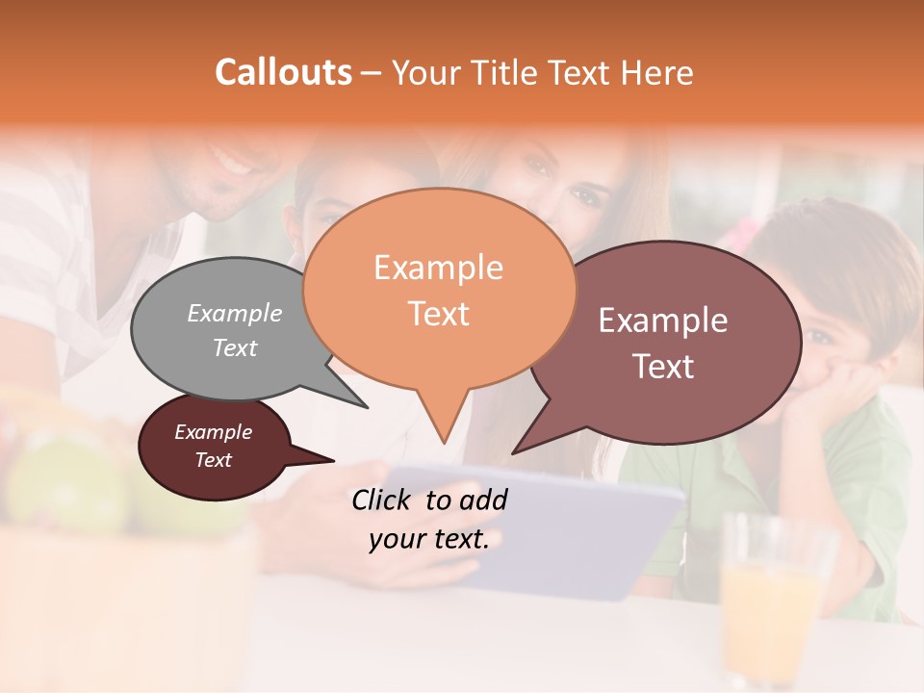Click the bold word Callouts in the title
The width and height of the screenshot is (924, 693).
[283, 72]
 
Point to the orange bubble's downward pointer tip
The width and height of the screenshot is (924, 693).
[444, 443]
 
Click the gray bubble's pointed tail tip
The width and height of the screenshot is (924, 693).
[367, 407]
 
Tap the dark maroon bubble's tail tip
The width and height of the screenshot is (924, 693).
[333, 461]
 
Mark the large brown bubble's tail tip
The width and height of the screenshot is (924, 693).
[513, 452]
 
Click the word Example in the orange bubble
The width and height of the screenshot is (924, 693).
[438, 268]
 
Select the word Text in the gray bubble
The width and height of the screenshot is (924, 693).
[234, 347]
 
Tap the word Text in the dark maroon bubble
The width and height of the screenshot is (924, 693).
[213, 460]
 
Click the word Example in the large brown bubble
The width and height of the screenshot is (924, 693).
[663, 321]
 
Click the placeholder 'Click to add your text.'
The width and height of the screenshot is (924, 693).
[429, 520]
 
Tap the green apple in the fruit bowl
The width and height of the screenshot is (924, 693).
[77, 481]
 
